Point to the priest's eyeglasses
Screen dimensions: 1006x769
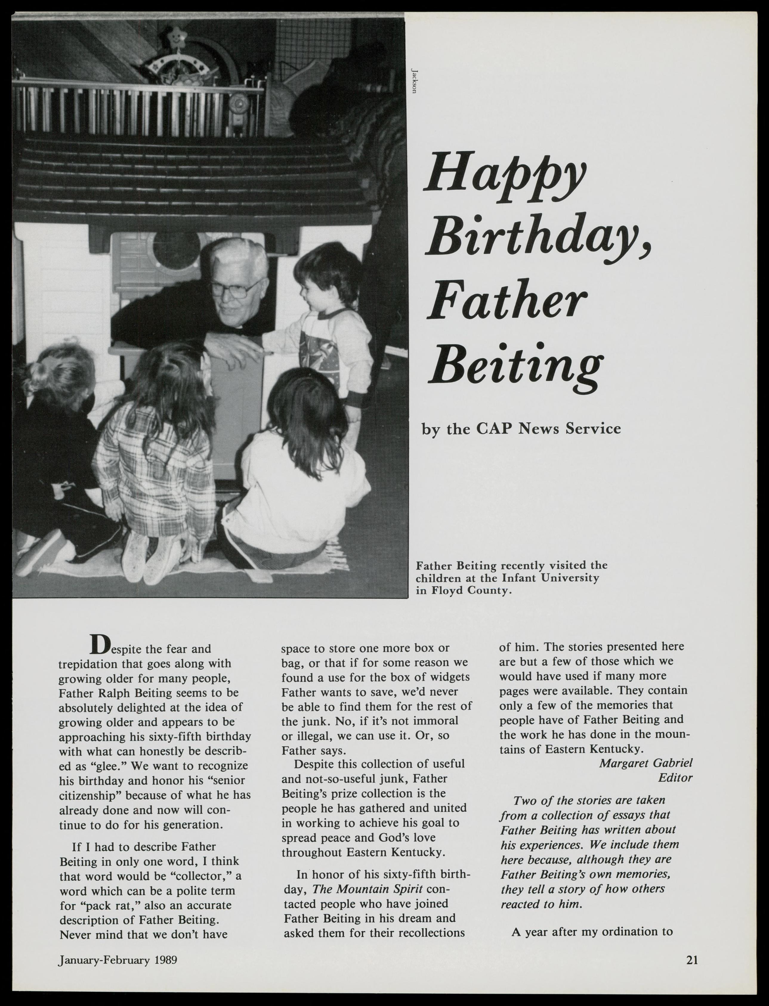pos(234,289)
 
